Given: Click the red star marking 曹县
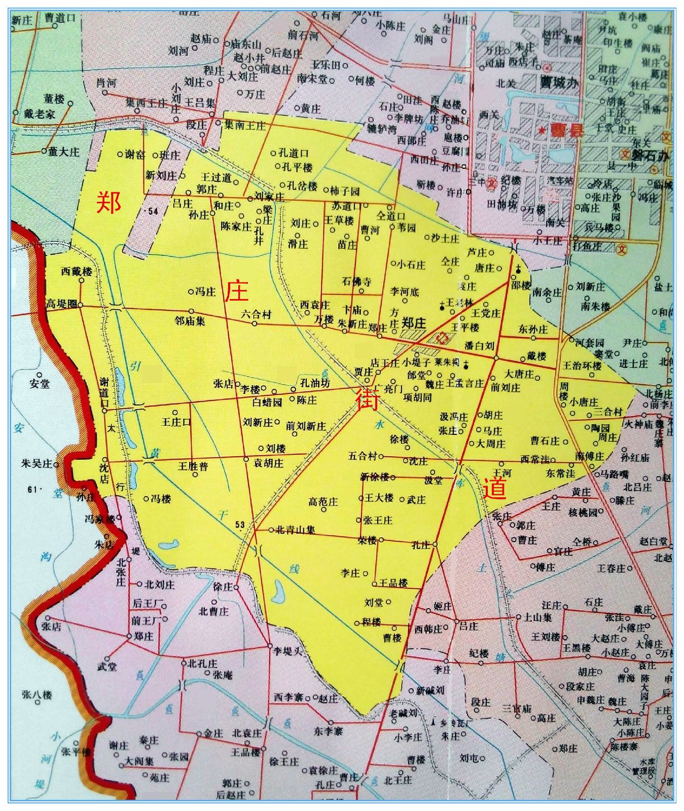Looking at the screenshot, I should pos(542,130).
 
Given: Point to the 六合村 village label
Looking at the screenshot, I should pos(256,315).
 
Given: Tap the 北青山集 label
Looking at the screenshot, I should pos(294,531).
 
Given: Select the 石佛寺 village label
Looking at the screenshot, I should pos(356,282).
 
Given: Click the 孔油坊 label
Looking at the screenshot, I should pos(315,383).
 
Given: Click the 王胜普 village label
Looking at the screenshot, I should pos(193,466).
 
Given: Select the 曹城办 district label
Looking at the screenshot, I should pos(558,84).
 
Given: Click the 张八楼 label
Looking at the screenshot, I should pos(37,695).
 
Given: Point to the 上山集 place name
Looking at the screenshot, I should pos(538,617).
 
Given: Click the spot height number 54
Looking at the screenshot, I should pos(154,212).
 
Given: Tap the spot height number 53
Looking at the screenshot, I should pos(239,525).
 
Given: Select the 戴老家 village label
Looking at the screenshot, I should pos(50,114).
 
